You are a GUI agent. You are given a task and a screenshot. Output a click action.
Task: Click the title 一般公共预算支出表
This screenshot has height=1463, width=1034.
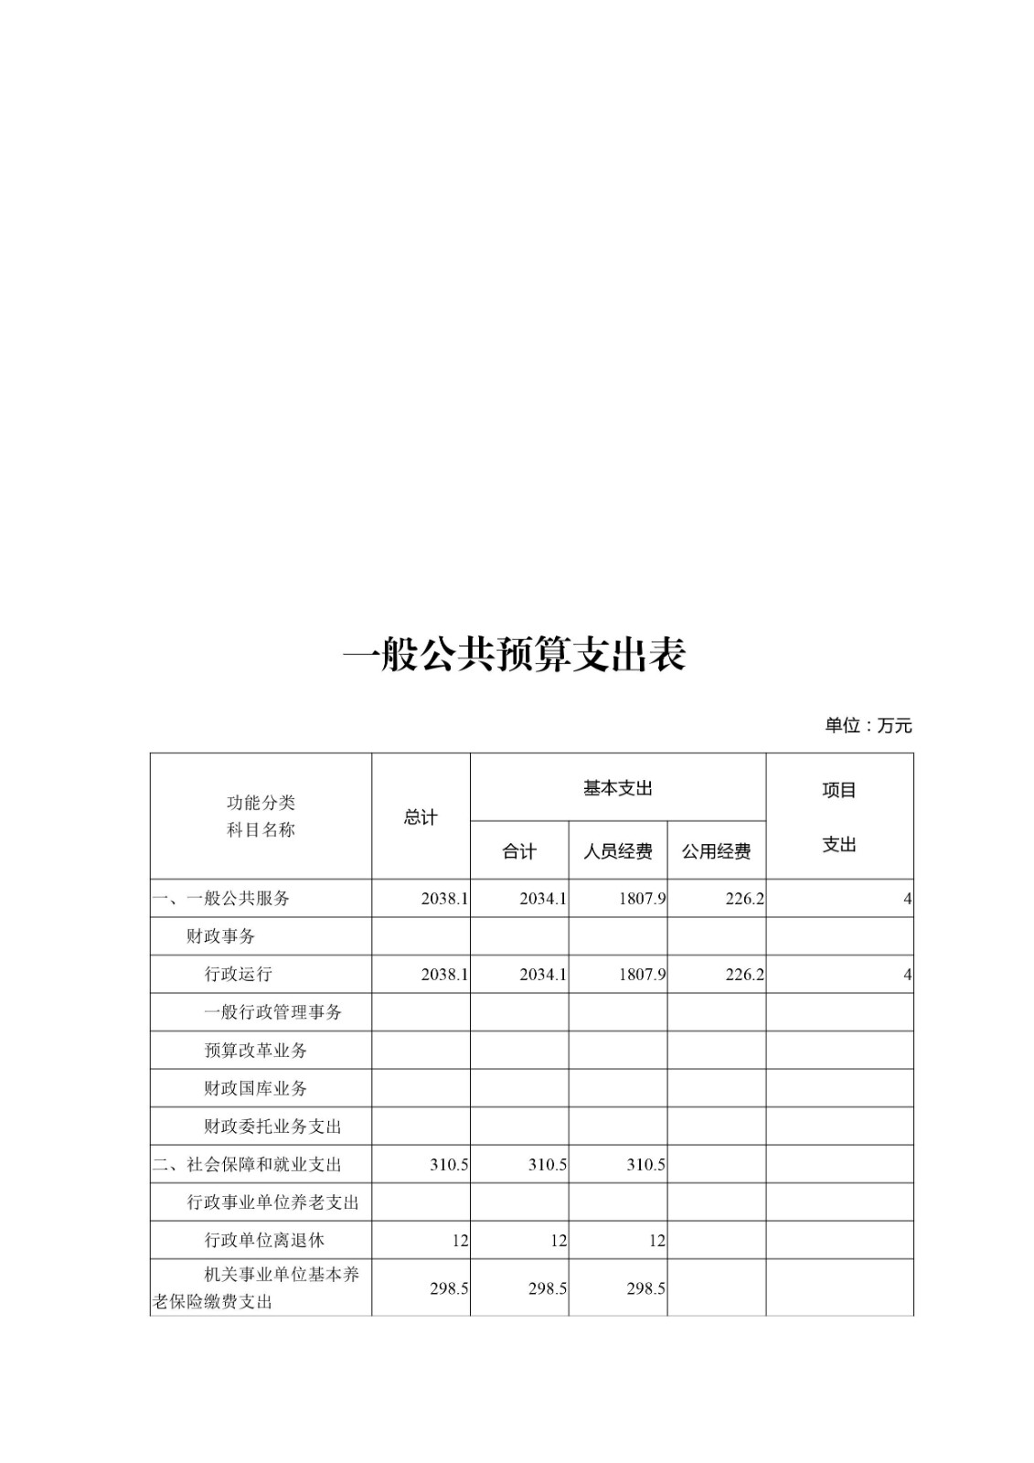[515, 655]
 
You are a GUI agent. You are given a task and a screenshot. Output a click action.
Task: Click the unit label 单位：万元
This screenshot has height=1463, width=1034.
[868, 726]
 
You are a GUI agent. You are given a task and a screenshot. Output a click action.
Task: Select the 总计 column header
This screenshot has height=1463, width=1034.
[421, 817]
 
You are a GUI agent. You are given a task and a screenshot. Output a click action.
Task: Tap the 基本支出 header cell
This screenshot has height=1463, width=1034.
[618, 788]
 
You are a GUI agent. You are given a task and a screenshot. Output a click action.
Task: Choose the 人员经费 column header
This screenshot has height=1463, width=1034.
[618, 851]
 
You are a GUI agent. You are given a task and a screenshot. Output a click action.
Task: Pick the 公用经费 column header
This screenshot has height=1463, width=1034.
[716, 851]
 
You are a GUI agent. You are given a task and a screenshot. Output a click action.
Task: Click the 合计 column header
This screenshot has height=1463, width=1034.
[519, 851]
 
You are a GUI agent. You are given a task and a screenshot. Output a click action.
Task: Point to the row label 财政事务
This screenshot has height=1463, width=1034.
[221, 936]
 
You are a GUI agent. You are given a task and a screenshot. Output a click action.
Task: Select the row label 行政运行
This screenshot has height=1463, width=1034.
[239, 974]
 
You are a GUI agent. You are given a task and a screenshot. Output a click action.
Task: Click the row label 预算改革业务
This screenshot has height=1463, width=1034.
[256, 1051]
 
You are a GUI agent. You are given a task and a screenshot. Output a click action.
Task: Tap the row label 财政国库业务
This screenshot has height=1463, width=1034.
[256, 1088]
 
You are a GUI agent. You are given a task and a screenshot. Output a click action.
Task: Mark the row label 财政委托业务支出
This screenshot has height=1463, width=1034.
[272, 1127]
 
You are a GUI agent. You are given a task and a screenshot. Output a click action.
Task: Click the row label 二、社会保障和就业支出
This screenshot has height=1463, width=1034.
[247, 1164]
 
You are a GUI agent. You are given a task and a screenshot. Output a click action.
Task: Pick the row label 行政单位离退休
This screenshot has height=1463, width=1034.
[264, 1240]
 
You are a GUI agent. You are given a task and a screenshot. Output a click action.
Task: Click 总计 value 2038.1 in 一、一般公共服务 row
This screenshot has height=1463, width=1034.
[444, 899]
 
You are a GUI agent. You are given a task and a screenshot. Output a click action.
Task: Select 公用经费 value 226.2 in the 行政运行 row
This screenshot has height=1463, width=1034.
[744, 975]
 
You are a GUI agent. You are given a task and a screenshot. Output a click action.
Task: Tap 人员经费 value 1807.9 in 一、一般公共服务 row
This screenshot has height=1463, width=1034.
[642, 899]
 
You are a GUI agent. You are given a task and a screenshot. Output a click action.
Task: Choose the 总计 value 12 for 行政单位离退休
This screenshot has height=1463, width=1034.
[460, 1241]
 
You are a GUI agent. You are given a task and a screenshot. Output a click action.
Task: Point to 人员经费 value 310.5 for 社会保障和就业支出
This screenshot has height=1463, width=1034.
[645, 1165]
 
